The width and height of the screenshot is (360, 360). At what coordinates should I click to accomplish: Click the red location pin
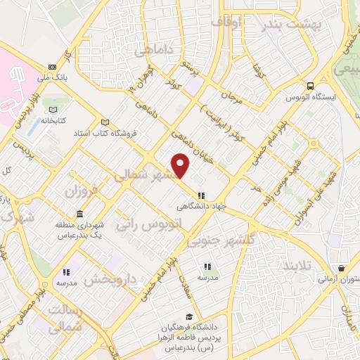pos(181,165)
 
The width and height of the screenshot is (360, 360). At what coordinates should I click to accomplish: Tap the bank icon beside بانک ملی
pos(52,67)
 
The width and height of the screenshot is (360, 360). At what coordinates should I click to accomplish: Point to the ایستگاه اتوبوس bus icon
pos(310,86)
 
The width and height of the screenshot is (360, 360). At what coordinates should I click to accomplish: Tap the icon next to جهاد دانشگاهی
pos(201,195)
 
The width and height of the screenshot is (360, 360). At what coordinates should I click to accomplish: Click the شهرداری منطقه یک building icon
pos(79,214)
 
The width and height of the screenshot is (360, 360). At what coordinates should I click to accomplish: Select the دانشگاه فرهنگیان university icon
pos(188,317)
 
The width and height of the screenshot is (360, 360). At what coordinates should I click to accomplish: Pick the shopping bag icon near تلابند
pos(341,268)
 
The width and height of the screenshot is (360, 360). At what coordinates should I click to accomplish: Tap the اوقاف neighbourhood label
pos(227,22)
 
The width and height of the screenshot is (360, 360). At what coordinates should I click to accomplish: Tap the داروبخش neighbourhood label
pos(110,279)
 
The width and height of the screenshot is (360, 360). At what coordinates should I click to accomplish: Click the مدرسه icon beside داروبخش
pos(67,271)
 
